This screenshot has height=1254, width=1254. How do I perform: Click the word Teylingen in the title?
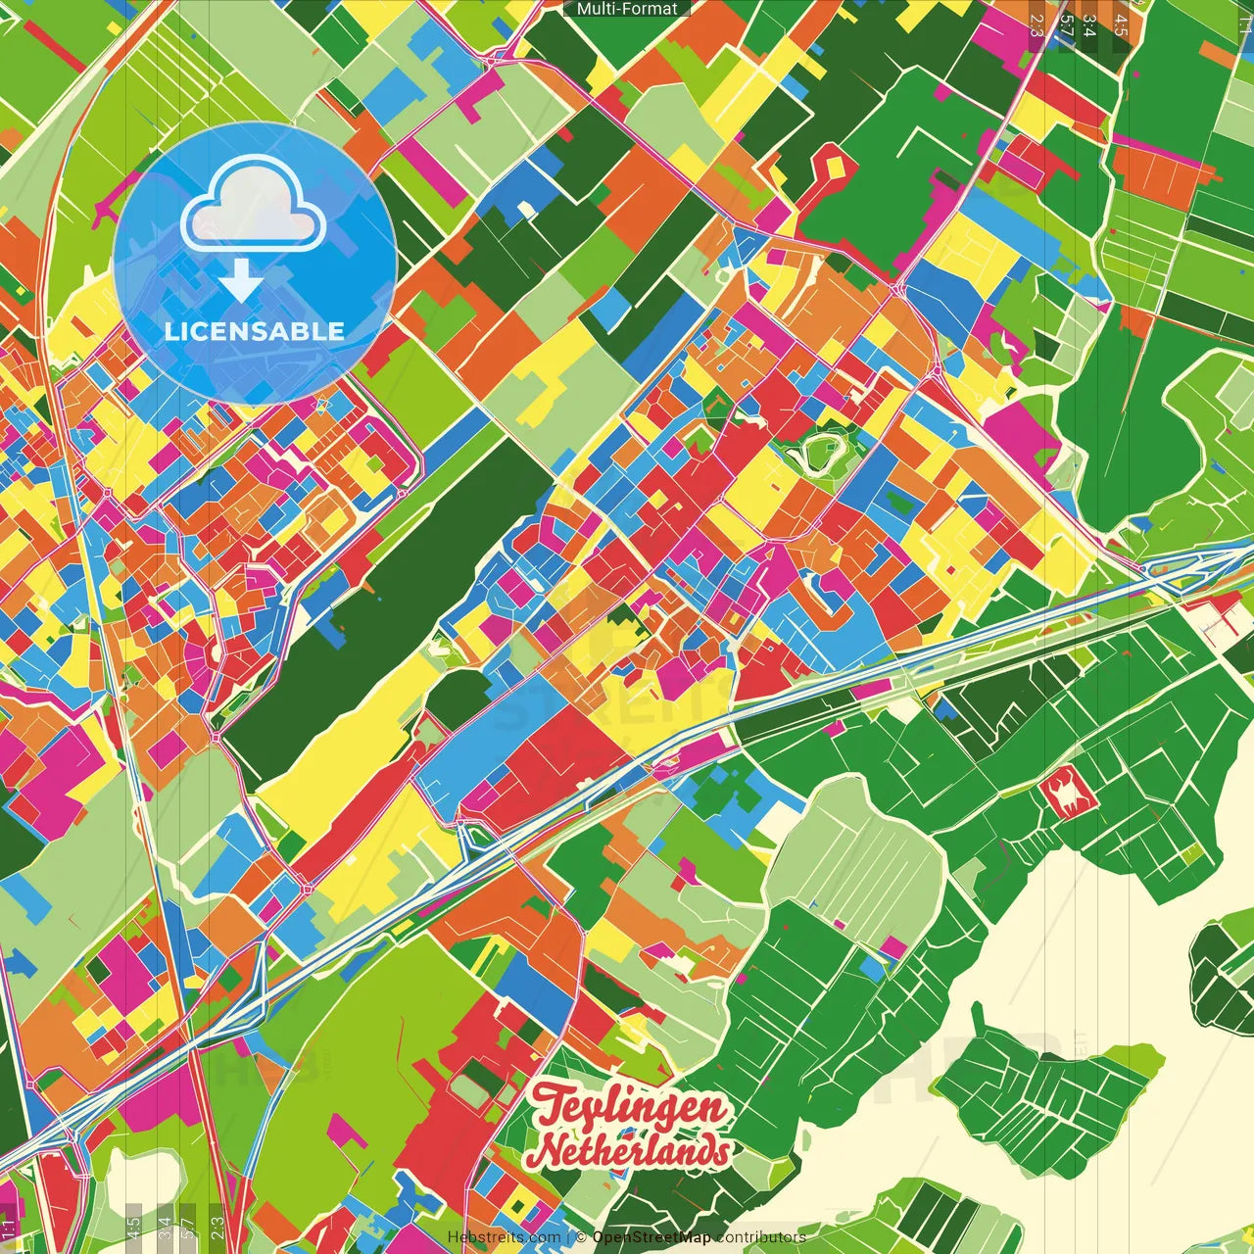click(x=632, y=1107)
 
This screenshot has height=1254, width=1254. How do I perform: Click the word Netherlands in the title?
click(x=634, y=1151)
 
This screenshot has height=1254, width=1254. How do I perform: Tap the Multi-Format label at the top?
click(x=627, y=9)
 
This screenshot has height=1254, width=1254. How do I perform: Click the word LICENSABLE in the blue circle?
click(x=255, y=331)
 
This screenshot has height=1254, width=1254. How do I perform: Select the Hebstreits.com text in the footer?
click(x=504, y=1237)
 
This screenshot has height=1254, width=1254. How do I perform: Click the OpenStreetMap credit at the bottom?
click(x=651, y=1237)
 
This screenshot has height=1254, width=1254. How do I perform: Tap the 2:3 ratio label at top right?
click(x=1037, y=24)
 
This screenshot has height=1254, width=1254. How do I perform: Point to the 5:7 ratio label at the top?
click(x=1066, y=24)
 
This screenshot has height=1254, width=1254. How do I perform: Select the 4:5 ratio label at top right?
click(x=1121, y=24)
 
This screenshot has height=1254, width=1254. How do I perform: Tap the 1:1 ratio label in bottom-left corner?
click(x=9, y=1228)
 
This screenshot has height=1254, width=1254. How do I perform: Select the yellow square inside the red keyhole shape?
click(x=834, y=169)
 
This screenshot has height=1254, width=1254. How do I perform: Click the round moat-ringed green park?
click(x=819, y=453)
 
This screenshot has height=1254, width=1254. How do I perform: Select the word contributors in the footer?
click(x=760, y=1237)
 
